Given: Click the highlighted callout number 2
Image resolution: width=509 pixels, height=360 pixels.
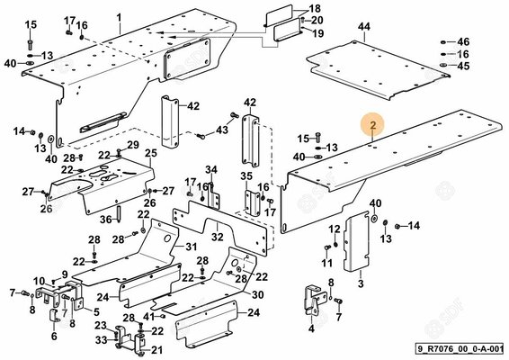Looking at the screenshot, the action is coord(373,125).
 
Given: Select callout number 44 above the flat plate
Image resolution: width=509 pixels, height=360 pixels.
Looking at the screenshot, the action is coord(364,27).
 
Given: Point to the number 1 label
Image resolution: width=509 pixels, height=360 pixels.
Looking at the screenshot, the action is coord(120,17).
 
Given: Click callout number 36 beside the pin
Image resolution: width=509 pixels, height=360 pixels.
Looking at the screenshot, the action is coord(106,220).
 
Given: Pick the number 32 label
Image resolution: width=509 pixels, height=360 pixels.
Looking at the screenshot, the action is coord(217,237).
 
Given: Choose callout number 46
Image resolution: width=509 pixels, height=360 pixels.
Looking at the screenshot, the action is coord(463,42).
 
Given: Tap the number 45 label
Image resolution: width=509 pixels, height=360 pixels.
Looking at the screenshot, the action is coord(463,66).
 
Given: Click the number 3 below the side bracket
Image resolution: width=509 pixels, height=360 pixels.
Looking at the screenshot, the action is coord(361,283).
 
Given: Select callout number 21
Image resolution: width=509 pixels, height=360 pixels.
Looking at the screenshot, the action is coord(156,350).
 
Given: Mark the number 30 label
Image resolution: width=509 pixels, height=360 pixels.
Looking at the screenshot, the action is coord(258,294).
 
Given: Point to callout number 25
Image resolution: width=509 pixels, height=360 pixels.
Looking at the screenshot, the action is coord(150,153).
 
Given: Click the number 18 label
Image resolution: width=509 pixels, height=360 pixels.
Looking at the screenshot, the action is coord(314,8).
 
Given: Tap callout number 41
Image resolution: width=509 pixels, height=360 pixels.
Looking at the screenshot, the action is coord(149,316).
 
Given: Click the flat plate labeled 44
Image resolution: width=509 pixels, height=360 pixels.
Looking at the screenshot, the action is coord(379,70).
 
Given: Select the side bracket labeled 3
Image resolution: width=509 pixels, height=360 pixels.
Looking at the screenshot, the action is coord(356,240).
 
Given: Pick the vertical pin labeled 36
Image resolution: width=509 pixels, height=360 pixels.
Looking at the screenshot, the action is coord(119,214).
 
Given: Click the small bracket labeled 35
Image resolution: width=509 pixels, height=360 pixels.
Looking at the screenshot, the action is coord(252,203).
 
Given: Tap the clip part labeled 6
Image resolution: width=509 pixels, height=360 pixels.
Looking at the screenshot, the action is coord(54,316).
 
